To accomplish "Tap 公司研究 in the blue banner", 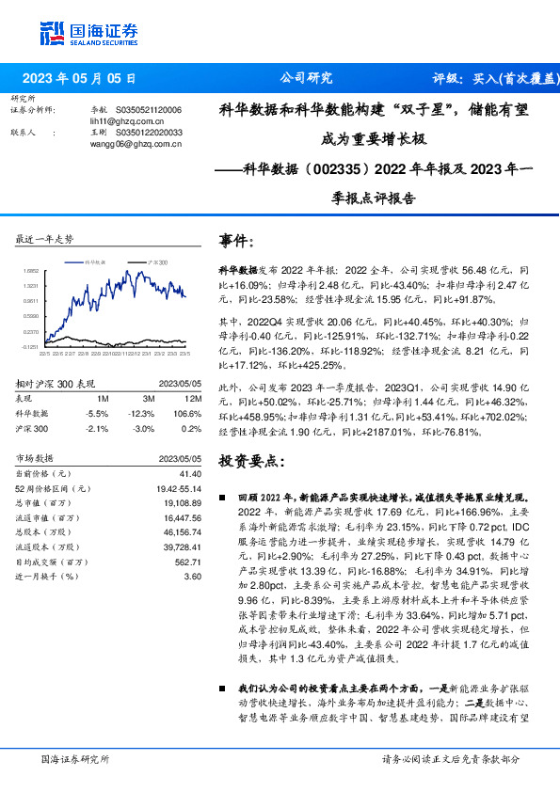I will (306, 79).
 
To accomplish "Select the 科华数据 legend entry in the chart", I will (98, 261).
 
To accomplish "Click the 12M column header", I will (193, 399).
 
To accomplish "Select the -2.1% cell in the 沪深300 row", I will (97, 428).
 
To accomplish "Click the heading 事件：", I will (237, 242).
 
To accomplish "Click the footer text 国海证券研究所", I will (76, 758).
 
